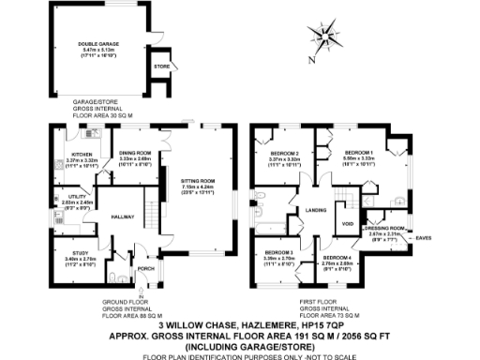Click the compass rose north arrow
click(x=325, y=37)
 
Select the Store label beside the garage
click(x=161, y=67)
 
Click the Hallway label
click(x=115, y=215)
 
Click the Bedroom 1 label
click(x=359, y=152)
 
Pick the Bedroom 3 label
click(x=278, y=252)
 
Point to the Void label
click(x=348, y=224)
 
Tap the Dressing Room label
click(x=384, y=228)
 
